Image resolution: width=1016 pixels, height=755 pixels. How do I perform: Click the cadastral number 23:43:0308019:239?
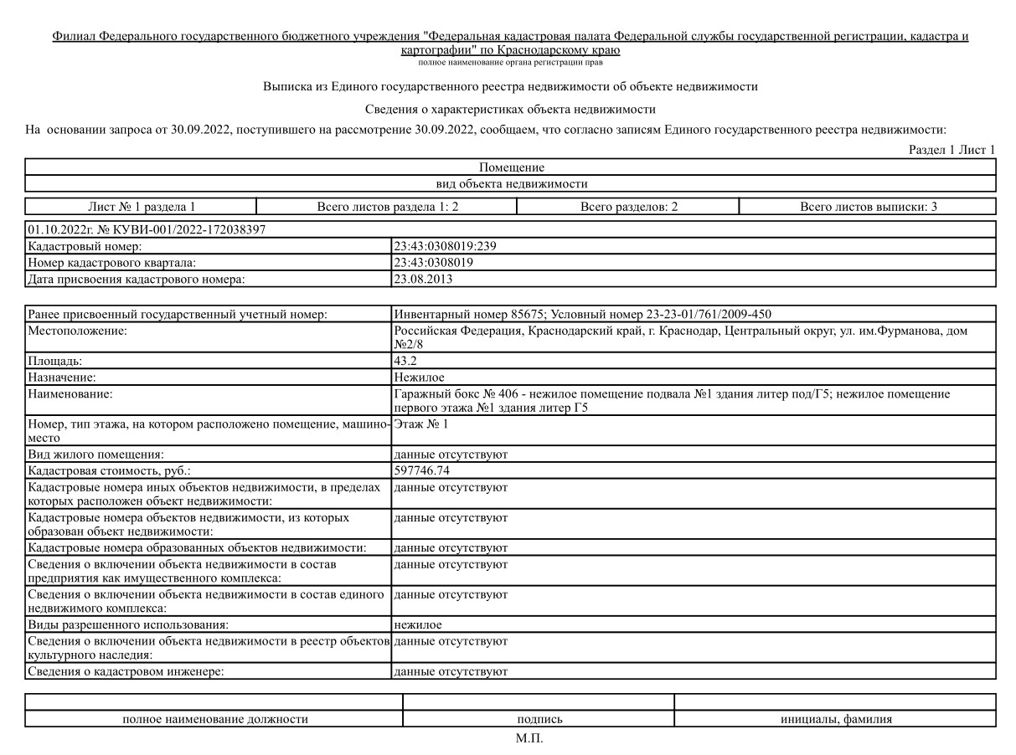pos(446,246)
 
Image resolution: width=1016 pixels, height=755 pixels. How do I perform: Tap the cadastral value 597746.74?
pos(426,471)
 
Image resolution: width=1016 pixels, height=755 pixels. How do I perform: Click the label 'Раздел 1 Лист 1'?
pos(952,150)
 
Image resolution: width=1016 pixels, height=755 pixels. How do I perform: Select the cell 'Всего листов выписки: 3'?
pos(868,207)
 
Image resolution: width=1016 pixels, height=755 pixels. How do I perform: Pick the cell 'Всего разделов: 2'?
pos(628,207)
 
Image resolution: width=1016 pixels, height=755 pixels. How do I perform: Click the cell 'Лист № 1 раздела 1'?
pos(141,207)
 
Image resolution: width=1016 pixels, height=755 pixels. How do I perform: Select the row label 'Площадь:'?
pos(55,362)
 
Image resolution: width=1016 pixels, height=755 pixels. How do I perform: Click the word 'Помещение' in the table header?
pos(511,167)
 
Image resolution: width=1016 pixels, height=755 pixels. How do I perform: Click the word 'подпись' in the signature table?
pos(539,719)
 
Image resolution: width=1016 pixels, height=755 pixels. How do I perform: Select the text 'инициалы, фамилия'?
pos(835,719)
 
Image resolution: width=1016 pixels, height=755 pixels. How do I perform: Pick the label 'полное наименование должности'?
pos(214,719)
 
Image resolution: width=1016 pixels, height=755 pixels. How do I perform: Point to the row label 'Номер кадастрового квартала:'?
pos(111,263)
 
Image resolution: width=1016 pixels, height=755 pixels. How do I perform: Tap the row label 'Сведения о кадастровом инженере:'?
pos(126,671)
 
